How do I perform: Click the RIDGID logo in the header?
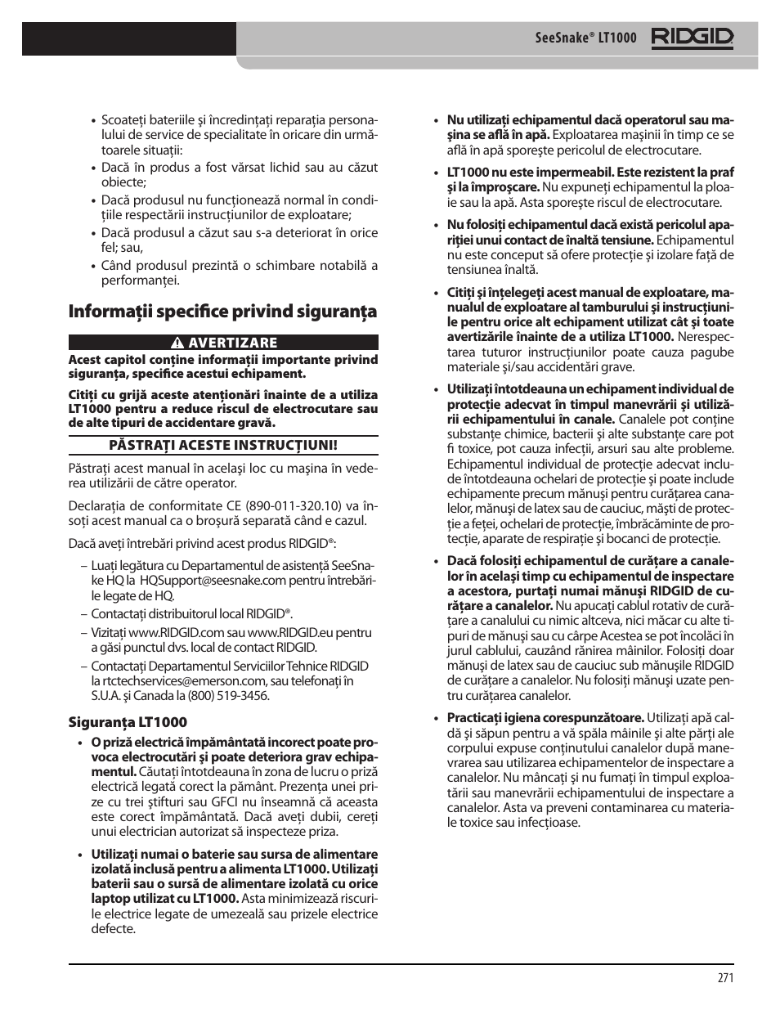point(692,38)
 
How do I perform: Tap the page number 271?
point(725,978)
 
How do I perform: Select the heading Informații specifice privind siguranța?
point(222,312)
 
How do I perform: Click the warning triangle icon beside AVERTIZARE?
point(176,343)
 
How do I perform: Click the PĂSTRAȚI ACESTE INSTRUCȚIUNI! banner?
point(223,446)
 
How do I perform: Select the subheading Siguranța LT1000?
point(128,722)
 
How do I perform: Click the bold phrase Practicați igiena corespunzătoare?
point(545,718)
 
